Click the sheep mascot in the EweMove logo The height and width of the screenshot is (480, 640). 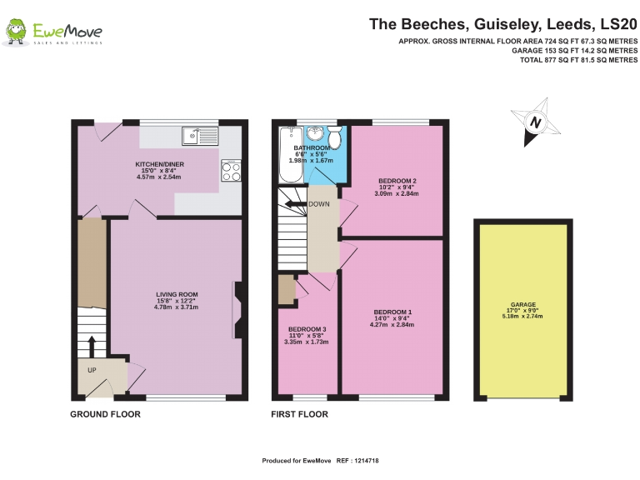coord(17,31)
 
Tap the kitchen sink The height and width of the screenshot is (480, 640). coord(200,136)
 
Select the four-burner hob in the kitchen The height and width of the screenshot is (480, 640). coord(231,170)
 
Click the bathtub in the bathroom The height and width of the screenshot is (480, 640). coord(291,155)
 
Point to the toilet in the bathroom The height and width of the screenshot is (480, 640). coord(335,137)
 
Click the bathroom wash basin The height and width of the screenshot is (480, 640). coord(315,132)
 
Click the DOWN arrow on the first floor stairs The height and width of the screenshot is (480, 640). coord(296,204)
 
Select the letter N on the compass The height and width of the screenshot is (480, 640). coord(536,122)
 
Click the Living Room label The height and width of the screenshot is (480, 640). coord(177,294)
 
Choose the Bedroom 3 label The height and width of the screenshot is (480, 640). coord(307,329)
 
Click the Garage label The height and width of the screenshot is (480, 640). coord(522,304)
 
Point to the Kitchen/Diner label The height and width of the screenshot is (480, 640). coord(160,164)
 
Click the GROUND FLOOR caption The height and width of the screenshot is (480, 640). coord(105,414)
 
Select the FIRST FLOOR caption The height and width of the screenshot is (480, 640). coord(300,414)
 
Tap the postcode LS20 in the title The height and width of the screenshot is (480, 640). coord(619,24)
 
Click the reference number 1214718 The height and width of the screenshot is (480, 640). coord(367,460)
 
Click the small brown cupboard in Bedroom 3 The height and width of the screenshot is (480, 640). coord(287,289)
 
